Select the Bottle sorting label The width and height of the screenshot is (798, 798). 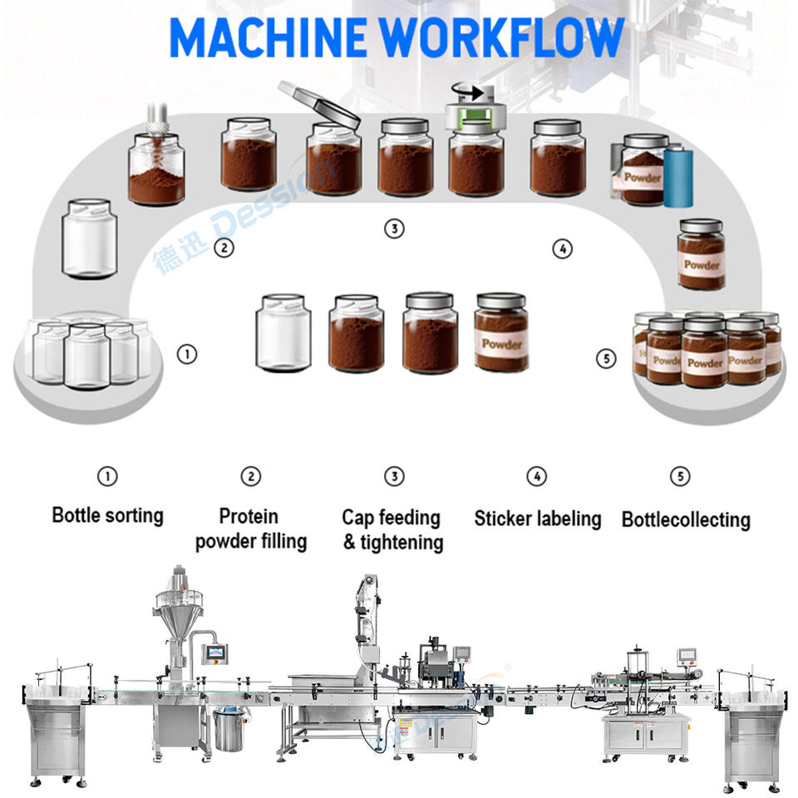[107, 515]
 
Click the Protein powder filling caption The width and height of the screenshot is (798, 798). [250, 529]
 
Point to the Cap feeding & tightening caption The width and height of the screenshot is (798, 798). [392, 530]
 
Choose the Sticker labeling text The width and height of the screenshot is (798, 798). [537, 519]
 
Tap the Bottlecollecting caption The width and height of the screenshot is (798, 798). [686, 520]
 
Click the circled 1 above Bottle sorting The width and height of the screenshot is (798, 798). [107, 476]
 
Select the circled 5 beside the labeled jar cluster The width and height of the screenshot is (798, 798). [607, 359]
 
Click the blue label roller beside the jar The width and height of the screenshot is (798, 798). [677, 176]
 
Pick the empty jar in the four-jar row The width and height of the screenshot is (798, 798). [283, 332]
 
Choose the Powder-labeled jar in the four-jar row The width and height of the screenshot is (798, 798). [501, 332]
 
